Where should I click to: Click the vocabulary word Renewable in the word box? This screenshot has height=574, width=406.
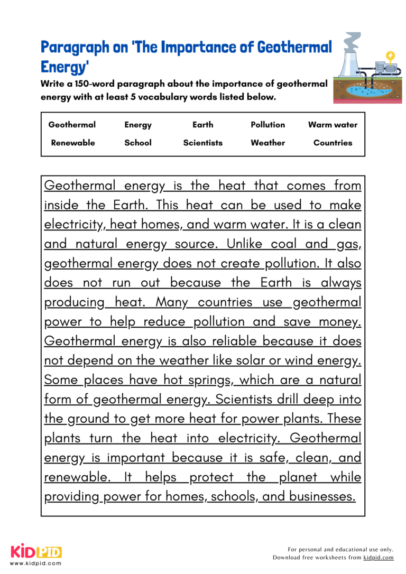(x=73, y=143)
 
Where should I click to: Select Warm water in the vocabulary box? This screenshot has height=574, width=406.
(x=333, y=125)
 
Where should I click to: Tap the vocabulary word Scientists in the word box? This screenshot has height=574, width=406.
(x=203, y=143)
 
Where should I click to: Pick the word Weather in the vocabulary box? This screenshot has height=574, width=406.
(x=267, y=143)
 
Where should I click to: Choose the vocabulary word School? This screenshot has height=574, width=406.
(x=138, y=143)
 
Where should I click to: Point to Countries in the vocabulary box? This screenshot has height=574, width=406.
(x=333, y=143)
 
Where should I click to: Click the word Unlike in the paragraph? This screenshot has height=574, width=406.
(x=245, y=244)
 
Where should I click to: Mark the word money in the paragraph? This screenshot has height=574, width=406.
(x=340, y=321)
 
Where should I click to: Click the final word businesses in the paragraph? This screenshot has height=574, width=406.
(x=322, y=496)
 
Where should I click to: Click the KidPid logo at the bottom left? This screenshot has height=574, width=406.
(x=36, y=552)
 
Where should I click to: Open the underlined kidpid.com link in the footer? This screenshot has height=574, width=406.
(x=379, y=558)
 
